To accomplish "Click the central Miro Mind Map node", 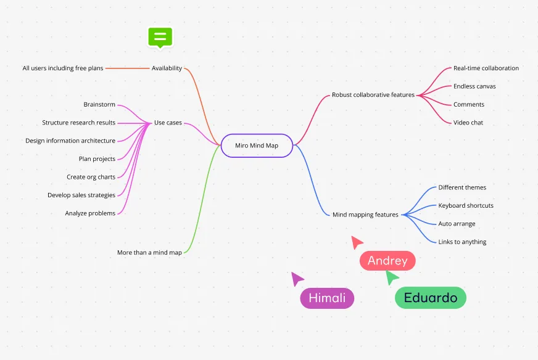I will coord(257,145).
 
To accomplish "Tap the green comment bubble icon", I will coord(160,36).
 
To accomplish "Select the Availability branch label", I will coord(167,68).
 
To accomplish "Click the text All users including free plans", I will coord(63,68).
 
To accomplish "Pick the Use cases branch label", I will coord(168,123).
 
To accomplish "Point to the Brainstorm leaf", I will coord(99,105).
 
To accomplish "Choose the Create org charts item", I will coord(91,177).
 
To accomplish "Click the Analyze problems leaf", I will coord(90,213).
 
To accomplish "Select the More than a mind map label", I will coord(149,253).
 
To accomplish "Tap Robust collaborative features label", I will coord(373,95).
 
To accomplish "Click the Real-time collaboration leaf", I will coord(486,68).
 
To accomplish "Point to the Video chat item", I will coord(468,123).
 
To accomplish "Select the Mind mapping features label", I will coord(365,215).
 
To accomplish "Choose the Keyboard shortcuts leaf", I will coord(466,206).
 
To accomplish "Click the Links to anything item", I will coord(462,242).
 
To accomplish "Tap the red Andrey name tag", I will coord(387,261).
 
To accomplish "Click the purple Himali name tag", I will coord(327,298).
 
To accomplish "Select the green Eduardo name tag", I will coord(431,298).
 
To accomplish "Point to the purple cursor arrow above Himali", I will coord(297,279).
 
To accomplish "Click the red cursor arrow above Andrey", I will coord(357,242).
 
